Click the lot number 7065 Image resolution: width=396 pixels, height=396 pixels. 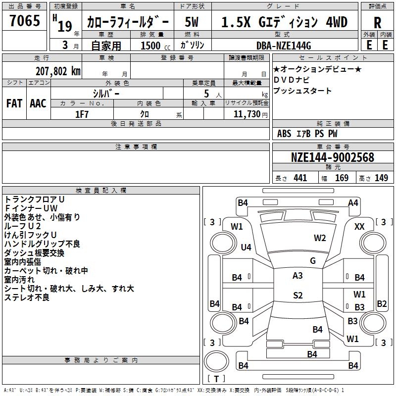tap(24, 22)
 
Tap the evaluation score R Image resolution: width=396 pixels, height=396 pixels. tap(377, 23)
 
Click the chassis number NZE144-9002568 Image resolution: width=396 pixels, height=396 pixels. tap(333, 157)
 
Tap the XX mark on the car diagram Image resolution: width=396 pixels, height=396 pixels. tap(359, 226)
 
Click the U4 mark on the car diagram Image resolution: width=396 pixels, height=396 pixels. tap(246, 247)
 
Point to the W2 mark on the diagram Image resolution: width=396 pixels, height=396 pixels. tap(320, 238)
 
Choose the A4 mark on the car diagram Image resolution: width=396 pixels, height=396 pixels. tap(353, 202)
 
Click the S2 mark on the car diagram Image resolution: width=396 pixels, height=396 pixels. tap(297, 296)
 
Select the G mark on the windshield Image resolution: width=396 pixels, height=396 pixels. tap(313, 261)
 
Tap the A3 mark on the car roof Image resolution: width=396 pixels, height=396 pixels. tap(297, 276)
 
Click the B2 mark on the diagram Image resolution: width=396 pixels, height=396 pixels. tap(382, 303)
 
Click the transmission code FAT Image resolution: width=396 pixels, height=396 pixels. tap(14, 103)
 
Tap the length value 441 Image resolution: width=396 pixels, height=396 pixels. tap(300, 178)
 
